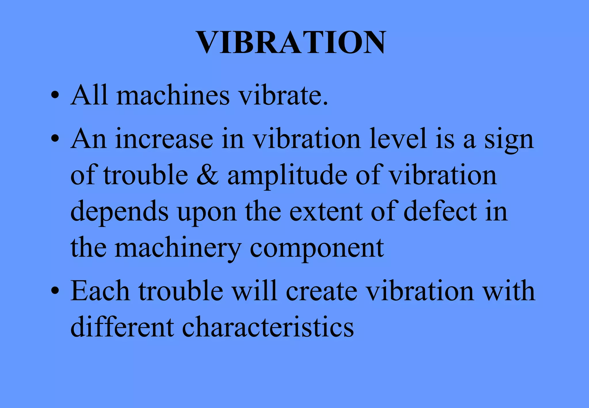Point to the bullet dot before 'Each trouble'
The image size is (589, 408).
55,291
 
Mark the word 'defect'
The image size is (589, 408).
440,211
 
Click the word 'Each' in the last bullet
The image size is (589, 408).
100,291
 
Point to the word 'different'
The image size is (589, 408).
122,327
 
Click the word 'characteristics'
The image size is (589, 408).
268,327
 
